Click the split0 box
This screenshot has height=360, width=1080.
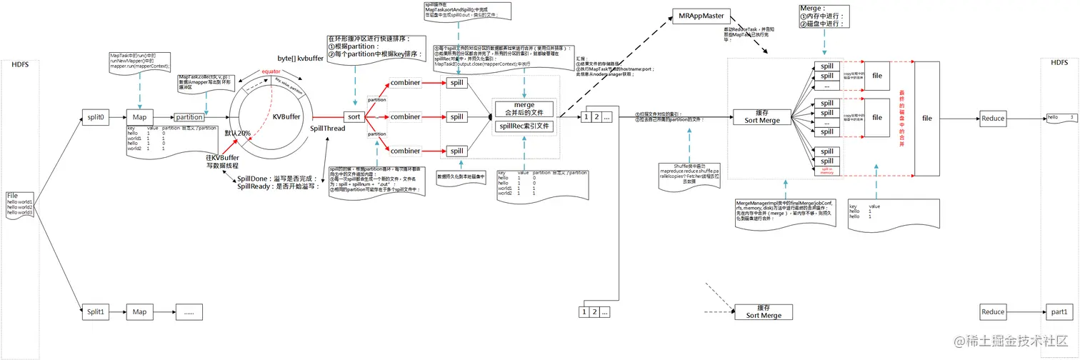pyautogui.click(x=95, y=118)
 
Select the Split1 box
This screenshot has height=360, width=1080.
pyautogui.click(x=95, y=311)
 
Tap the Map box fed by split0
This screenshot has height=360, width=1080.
pyautogui.click(x=139, y=118)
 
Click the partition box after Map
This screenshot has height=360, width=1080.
pyautogui.click(x=189, y=118)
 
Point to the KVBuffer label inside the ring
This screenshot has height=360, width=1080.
pyautogui.click(x=286, y=117)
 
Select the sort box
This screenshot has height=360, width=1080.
pyautogui.click(x=353, y=116)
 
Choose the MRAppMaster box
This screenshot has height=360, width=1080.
pyautogui.click(x=699, y=16)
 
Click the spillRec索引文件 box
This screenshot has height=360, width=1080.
pyautogui.click(x=524, y=126)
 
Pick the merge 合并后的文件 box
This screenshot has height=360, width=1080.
pyautogui.click(x=524, y=109)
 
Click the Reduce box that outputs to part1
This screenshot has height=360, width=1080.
pyautogui.click(x=993, y=311)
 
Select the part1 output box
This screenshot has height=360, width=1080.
pyautogui.click(x=1060, y=311)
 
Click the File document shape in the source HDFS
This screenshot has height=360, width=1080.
pyautogui.click(x=21, y=204)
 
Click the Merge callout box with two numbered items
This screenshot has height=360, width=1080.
pyautogui.click(x=824, y=16)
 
